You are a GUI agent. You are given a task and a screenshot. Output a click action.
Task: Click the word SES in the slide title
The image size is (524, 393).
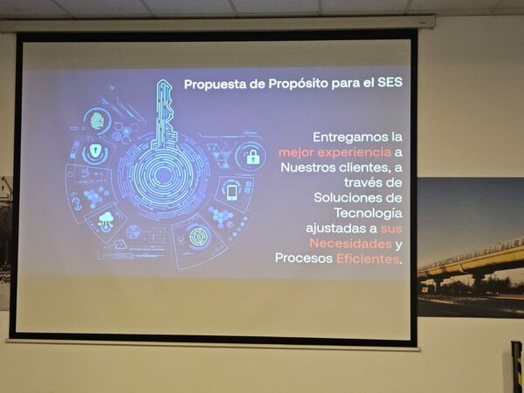click(390, 82)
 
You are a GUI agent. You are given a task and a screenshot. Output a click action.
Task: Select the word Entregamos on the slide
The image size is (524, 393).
click(350, 137)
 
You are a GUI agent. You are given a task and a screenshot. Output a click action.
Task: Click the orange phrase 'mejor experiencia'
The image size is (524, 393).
click(334, 153)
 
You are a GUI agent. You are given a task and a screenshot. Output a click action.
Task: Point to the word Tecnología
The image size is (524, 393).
click(369, 213)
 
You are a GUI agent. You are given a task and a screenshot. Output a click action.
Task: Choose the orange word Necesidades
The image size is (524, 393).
click(350, 244)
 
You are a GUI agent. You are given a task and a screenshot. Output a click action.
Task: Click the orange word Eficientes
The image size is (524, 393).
click(368, 259)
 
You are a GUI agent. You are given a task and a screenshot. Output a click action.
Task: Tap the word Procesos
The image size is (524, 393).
click(303, 259)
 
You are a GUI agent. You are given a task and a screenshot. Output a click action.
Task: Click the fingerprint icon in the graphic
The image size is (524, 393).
click(97, 121)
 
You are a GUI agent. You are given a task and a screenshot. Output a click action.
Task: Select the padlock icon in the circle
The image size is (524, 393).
click(253, 156)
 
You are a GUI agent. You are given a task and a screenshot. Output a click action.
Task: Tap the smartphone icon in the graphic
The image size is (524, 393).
click(232, 192)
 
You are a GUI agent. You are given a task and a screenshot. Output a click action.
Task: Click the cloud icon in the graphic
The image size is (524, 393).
click(106, 220)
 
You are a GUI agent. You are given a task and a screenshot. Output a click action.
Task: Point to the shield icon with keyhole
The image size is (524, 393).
click(95, 150)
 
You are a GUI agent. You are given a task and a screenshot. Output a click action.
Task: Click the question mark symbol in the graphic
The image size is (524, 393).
click(77, 203)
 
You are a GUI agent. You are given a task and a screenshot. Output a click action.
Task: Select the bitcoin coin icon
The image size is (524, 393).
click(199, 237)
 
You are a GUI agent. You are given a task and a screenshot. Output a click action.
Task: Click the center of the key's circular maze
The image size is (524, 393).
click(163, 175)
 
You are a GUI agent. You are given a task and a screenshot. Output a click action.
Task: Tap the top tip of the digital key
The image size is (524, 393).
click(162, 80)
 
